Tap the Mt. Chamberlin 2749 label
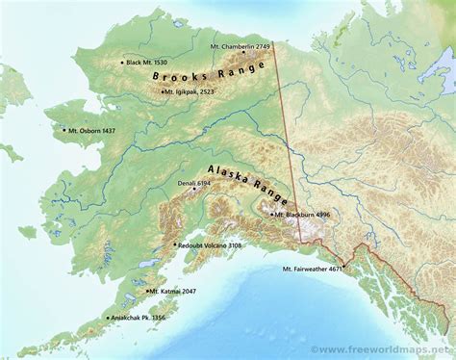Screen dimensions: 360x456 click(x=241, y=46)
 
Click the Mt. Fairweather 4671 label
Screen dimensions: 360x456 click(x=313, y=270)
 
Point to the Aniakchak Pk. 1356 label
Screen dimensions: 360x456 click(x=139, y=318)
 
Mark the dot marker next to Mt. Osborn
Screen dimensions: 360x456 click(x=63, y=130)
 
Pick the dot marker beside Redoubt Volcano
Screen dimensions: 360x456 click(x=175, y=245)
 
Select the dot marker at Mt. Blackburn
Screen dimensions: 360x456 click(x=272, y=215)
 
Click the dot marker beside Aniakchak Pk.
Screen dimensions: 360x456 click(x=108, y=318)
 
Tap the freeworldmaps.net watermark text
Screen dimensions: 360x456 click(x=384, y=348)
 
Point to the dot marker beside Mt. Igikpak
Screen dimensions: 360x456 click(x=162, y=91)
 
